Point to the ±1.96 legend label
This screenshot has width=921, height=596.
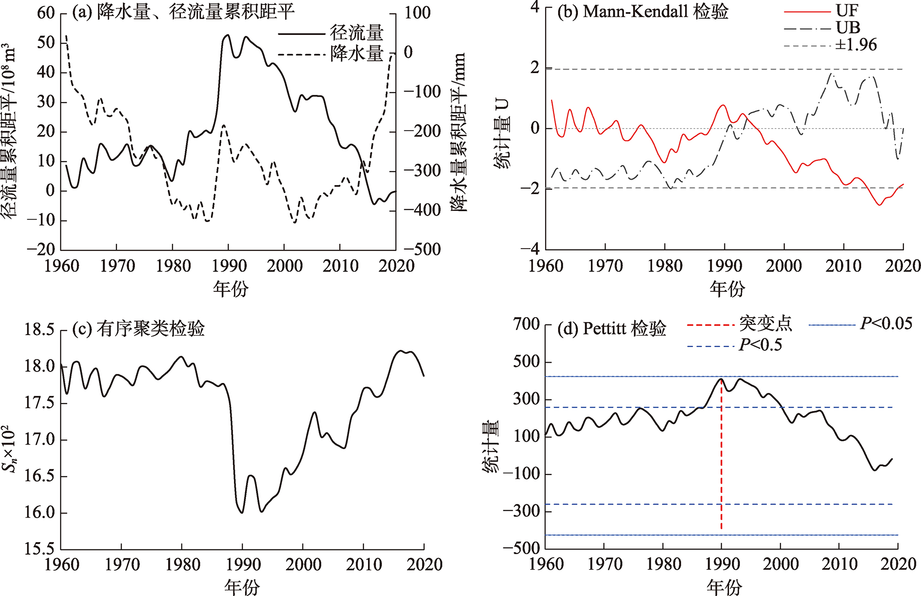pyautogui.click(x=856, y=45)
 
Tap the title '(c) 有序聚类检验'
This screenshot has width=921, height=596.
pyautogui.click(x=139, y=329)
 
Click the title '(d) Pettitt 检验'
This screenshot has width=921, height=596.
pyautogui.click(x=612, y=329)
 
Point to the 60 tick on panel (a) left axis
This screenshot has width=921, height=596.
pyautogui.click(x=46, y=13)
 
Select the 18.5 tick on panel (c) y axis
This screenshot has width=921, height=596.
pyautogui.click(x=39, y=330)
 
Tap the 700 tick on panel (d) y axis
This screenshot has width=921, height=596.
pyautogui.click(x=526, y=324)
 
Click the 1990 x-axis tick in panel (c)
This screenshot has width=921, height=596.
pyautogui.click(x=243, y=565)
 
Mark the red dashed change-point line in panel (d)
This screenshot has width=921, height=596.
pyautogui.click(x=721, y=460)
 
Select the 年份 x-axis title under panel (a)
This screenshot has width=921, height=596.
pyautogui.click(x=230, y=289)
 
